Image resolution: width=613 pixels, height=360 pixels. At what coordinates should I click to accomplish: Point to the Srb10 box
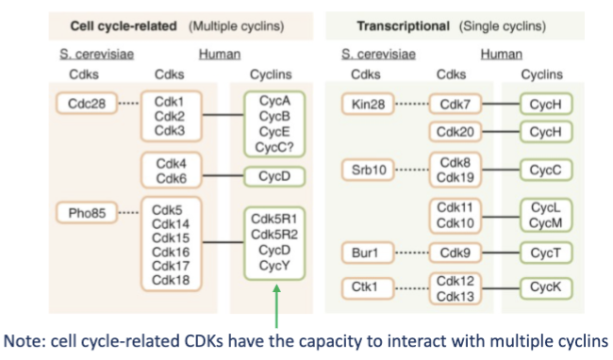pos(366,170)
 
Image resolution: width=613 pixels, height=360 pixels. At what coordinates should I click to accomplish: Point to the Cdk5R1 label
pos(271,219)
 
